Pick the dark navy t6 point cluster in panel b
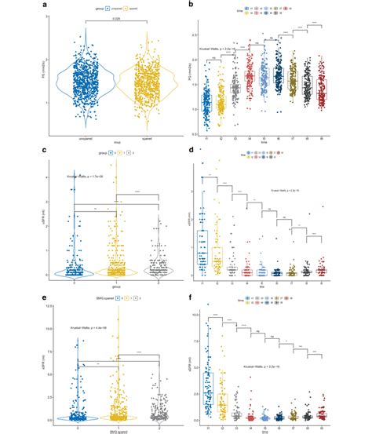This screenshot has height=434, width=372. click(x=278, y=78)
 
